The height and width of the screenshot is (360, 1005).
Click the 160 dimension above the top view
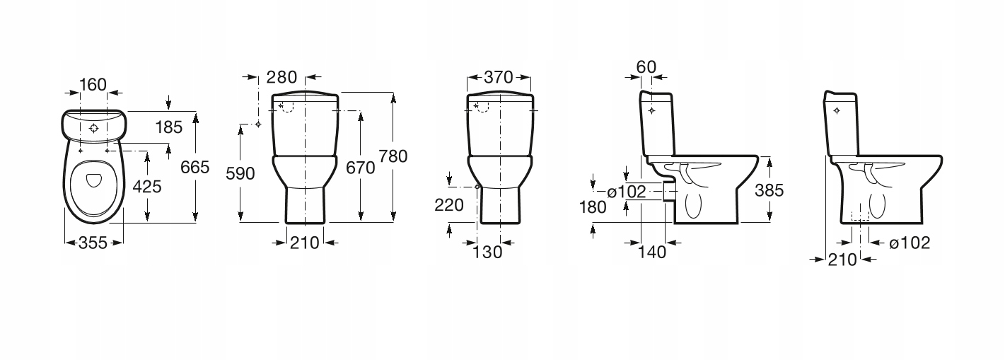coord(93,85)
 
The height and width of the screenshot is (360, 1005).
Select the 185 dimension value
coord(168,128)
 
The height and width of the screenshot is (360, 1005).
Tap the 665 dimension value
coord(196,168)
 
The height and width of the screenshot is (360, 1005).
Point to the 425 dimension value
coord(147,187)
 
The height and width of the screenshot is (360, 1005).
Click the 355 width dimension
coord(92,243)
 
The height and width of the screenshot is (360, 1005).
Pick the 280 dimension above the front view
coord(282,77)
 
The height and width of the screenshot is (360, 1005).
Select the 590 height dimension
coord(239,173)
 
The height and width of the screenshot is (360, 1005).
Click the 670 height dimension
coord(359,168)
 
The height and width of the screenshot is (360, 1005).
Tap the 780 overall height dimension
coord(393,157)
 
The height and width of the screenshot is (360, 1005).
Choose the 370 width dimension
coord(498,77)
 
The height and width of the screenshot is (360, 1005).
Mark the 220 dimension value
coord(450,205)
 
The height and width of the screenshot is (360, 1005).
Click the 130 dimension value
coord(488,251)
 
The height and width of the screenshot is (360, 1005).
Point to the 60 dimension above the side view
coord(646,67)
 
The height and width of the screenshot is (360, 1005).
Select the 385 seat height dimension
coord(769,190)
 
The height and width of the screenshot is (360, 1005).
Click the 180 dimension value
coord(592,207)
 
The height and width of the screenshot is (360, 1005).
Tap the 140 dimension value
coord(651,251)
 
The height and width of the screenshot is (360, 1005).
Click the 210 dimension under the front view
coord(305,243)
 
